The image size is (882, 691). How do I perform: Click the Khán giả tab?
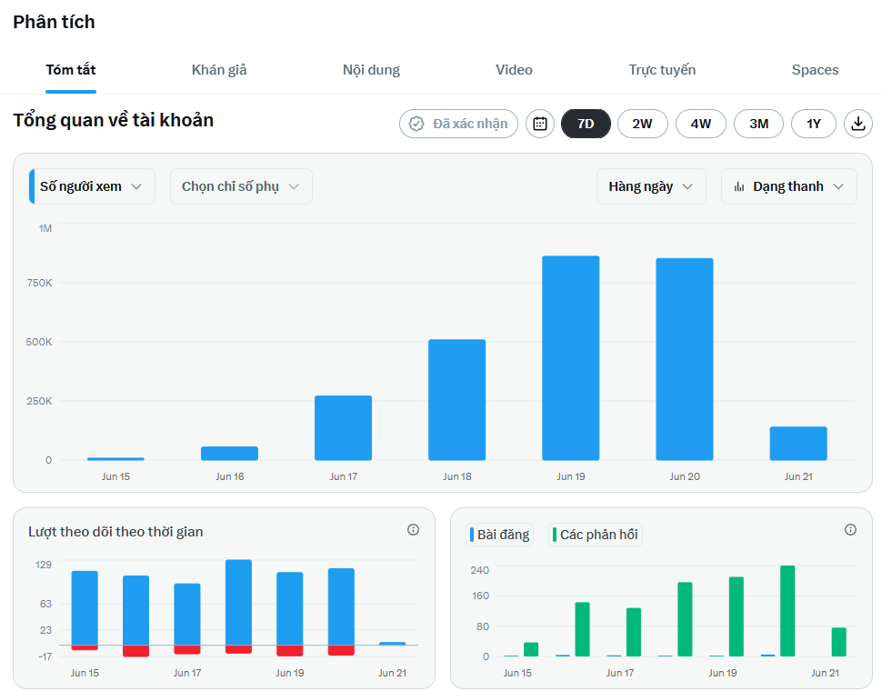point(219,70)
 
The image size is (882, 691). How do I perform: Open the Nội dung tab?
point(371,70)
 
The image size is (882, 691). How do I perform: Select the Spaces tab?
point(815,70)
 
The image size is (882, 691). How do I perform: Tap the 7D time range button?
point(586,124)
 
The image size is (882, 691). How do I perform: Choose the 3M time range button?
point(759,124)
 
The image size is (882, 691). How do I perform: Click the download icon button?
point(857,124)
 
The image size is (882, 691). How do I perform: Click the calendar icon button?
point(540,124)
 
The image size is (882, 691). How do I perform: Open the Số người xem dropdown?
point(92,186)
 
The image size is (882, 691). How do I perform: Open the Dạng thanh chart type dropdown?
point(788,186)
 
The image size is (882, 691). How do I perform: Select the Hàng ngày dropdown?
point(651,186)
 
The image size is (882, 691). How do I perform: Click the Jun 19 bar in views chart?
point(570,358)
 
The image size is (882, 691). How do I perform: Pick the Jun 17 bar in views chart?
point(343,428)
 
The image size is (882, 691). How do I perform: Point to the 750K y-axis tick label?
point(39,283)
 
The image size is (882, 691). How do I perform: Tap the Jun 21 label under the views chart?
point(798,476)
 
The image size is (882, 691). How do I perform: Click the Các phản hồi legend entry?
point(596,535)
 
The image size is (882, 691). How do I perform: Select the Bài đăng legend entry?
point(499,535)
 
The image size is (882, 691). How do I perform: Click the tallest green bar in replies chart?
point(787,611)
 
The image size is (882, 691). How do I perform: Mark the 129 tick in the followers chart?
point(44,565)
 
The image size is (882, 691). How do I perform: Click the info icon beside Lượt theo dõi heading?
point(413,530)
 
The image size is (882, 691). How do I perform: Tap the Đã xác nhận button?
point(458,124)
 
